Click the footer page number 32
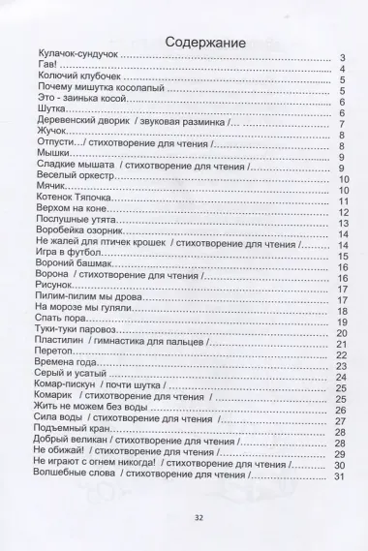coord(183,518)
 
